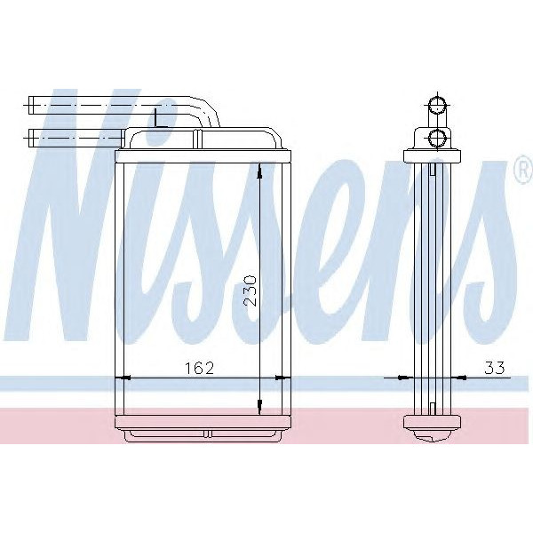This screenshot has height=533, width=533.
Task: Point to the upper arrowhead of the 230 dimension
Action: [259, 174]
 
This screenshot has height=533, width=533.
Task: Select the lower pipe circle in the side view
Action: [436, 137]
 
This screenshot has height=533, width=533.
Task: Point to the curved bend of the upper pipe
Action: [208, 111]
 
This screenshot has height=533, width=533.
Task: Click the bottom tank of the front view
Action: [203, 426]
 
